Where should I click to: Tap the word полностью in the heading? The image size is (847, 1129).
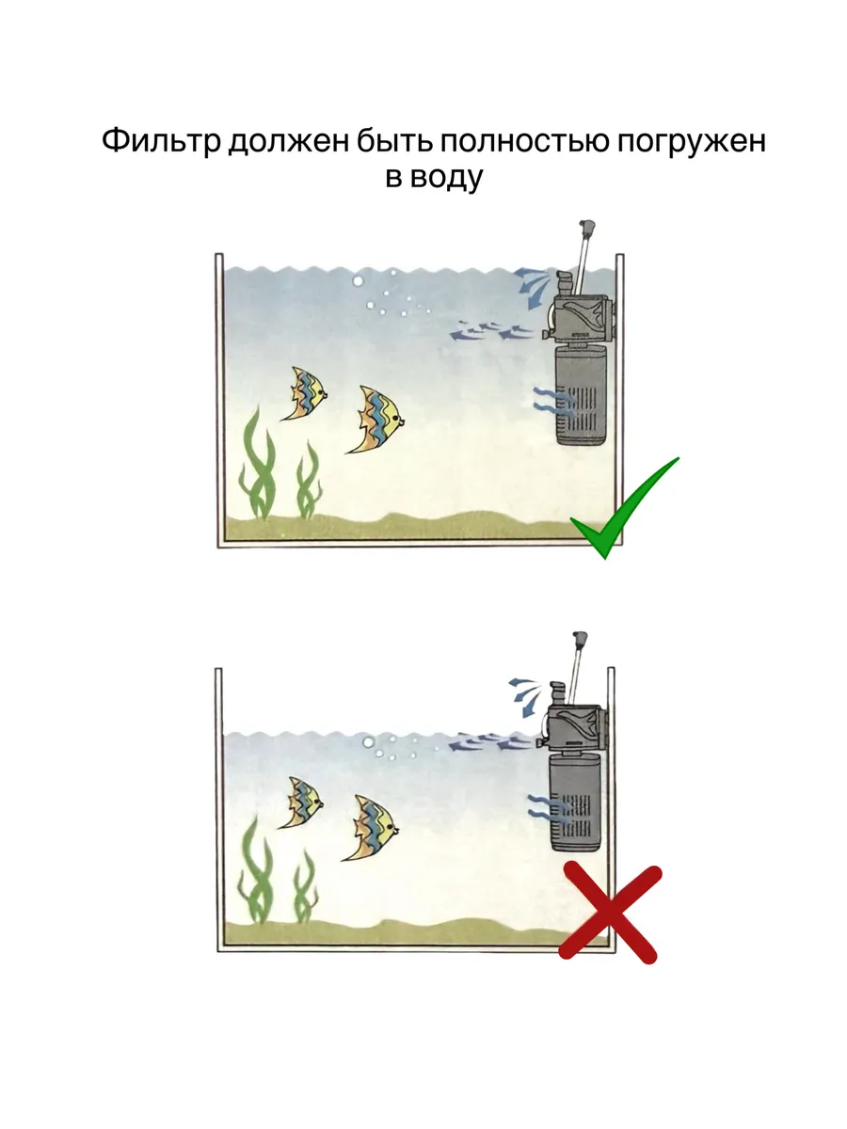pyautogui.click(x=521, y=140)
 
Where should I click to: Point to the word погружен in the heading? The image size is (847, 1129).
pyautogui.click(x=691, y=141)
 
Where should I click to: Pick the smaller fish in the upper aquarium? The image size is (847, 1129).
pyautogui.click(x=304, y=393)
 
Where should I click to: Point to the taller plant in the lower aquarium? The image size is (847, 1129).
pyautogui.click(x=256, y=874)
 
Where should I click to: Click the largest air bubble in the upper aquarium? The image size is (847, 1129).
pyautogui.click(x=358, y=280)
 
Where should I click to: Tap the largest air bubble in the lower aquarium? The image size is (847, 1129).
pyautogui.click(x=368, y=741)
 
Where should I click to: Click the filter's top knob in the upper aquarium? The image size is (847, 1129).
pyautogui.click(x=586, y=227)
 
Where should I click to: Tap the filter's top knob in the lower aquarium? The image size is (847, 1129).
pyautogui.click(x=580, y=638)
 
